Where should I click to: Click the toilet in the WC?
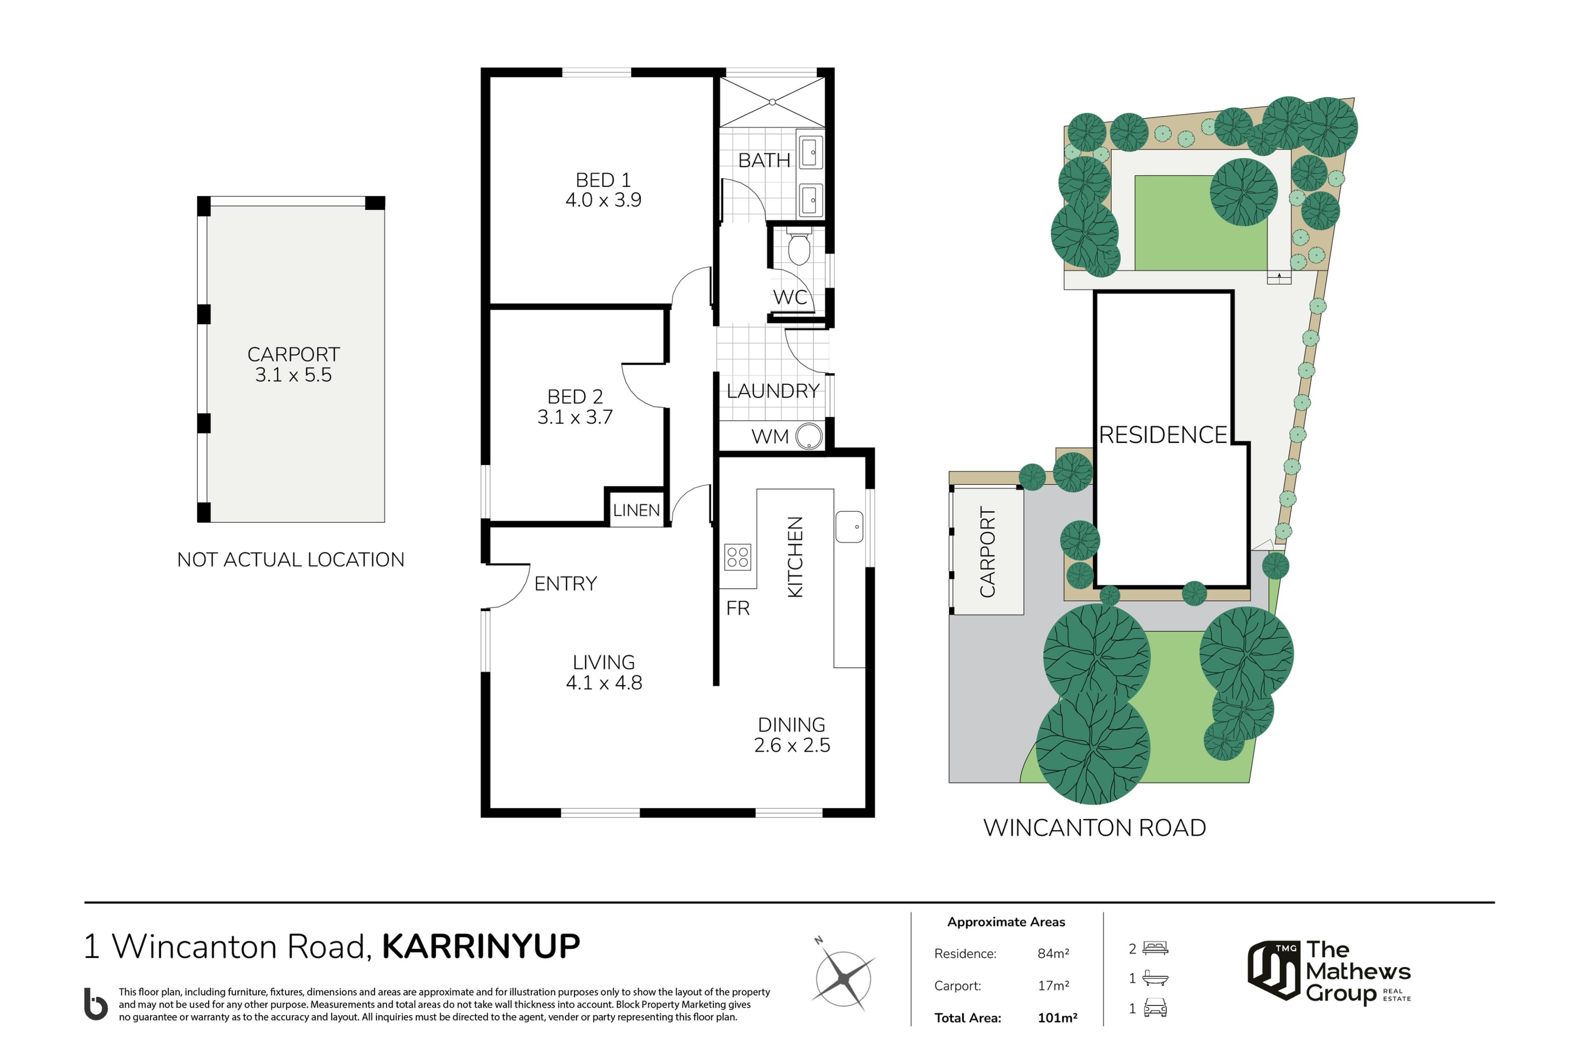(799, 247)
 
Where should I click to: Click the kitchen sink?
(849, 527)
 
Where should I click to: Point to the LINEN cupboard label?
(636, 510)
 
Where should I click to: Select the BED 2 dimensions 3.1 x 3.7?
(575, 417)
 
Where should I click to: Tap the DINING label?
(791, 725)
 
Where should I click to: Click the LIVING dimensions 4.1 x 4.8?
(604, 682)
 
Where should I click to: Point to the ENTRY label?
(565, 583)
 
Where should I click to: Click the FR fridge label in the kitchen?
(738, 608)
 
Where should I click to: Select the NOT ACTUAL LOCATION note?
(291, 559)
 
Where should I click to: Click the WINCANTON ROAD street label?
(1094, 827)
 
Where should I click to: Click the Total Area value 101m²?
(1057, 1018)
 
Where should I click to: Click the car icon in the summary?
(1155, 1008)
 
